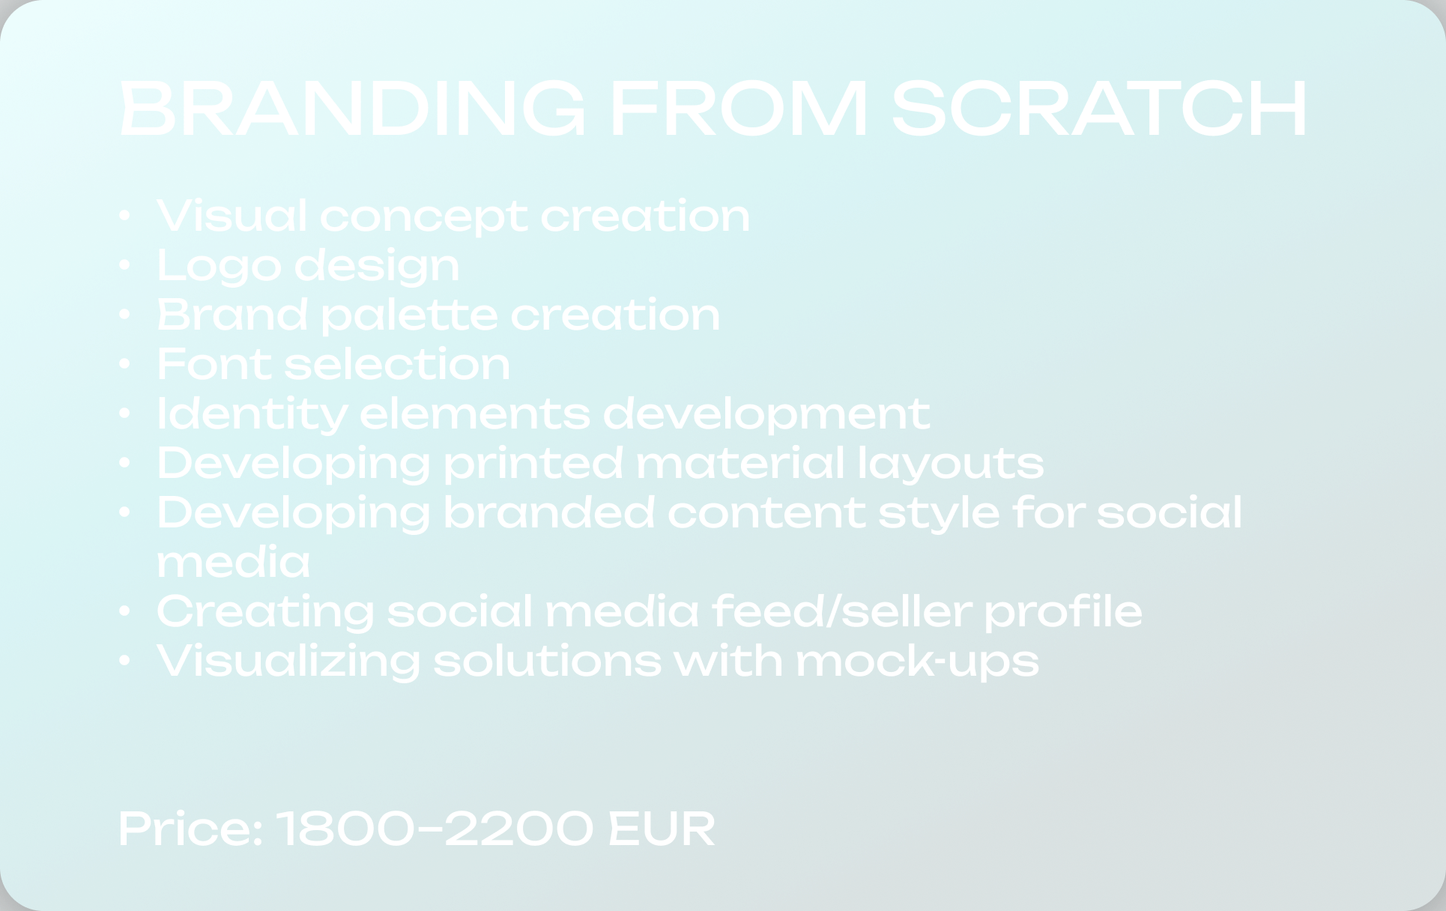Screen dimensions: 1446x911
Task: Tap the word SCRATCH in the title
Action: tap(1099, 109)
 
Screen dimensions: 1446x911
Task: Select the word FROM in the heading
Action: tap(739, 109)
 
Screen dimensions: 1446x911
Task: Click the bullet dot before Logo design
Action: tap(125, 265)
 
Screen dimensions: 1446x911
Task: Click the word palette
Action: tap(409, 315)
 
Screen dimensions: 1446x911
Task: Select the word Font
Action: tap(214, 364)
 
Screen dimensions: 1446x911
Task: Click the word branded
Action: tap(549, 513)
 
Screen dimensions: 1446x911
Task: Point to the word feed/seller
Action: tap(841, 611)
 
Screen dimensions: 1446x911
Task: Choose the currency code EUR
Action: tap(662, 829)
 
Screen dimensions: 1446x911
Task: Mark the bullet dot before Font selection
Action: tap(125, 364)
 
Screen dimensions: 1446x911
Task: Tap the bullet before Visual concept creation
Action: tap(125, 216)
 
